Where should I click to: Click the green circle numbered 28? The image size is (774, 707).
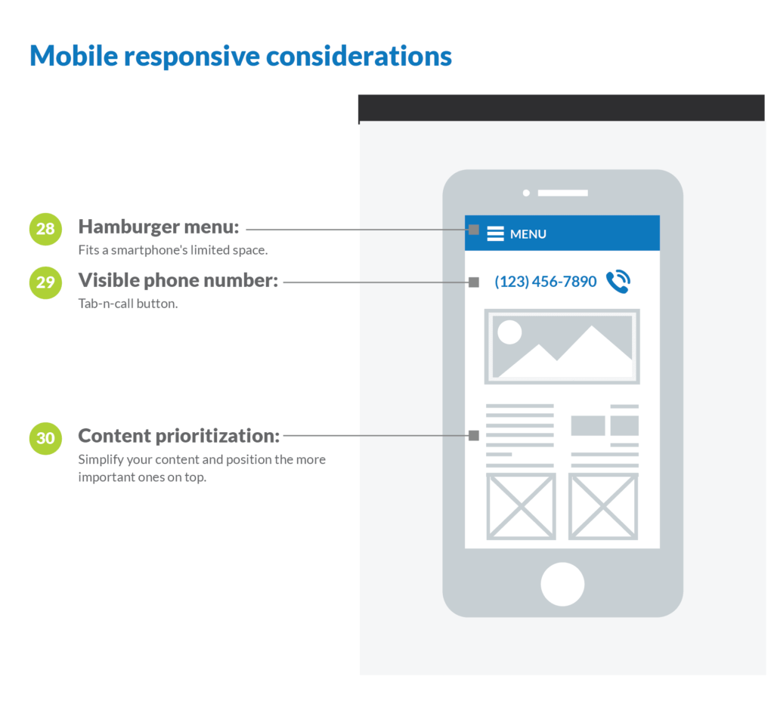pyautogui.click(x=45, y=229)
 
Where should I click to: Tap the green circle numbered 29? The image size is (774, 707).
pyautogui.click(x=45, y=282)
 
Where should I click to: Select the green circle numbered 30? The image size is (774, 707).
pyautogui.click(x=45, y=438)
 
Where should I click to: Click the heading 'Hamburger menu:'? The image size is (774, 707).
pyautogui.click(x=159, y=227)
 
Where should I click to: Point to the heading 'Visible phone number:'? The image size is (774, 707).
pyautogui.click(x=178, y=280)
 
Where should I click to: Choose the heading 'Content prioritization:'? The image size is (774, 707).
pyautogui.click(x=178, y=436)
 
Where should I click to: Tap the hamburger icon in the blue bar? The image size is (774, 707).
pyautogui.click(x=495, y=233)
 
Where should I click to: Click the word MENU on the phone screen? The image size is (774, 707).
pyautogui.click(x=528, y=234)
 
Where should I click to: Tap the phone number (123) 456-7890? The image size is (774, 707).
pyautogui.click(x=546, y=281)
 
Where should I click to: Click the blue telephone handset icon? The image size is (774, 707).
pyautogui.click(x=618, y=282)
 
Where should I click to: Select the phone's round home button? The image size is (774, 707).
pyautogui.click(x=562, y=584)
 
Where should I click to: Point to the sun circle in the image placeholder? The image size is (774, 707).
pyautogui.click(x=510, y=332)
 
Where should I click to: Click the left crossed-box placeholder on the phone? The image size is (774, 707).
pyautogui.click(x=522, y=506)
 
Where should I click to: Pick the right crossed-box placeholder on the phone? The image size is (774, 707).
pyautogui.click(x=603, y=506)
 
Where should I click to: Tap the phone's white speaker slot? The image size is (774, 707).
pyautogui.click(x=562, y=193)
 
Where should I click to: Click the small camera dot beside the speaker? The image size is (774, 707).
pyautogui.click(x=526, y=193)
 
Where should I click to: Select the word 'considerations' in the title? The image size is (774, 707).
pyautogui.click(x=359, y=56)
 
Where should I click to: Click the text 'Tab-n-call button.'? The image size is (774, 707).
pyautogui.click(x=128, y=304)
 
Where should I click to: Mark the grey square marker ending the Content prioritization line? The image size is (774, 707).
pyautogui.click(x=474, y=435)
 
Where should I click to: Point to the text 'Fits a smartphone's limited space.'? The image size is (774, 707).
pyautogui.click(x=173, y=250)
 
